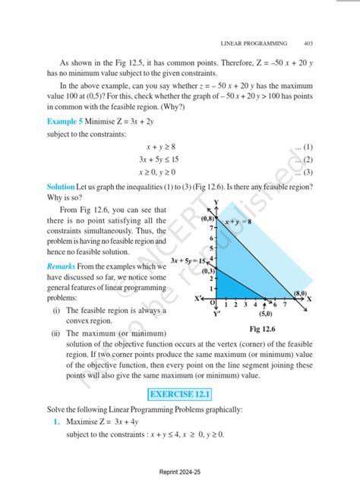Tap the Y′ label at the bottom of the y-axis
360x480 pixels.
click(x=216, y=313)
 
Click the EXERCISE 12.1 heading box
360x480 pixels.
click(x=179, y=394)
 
